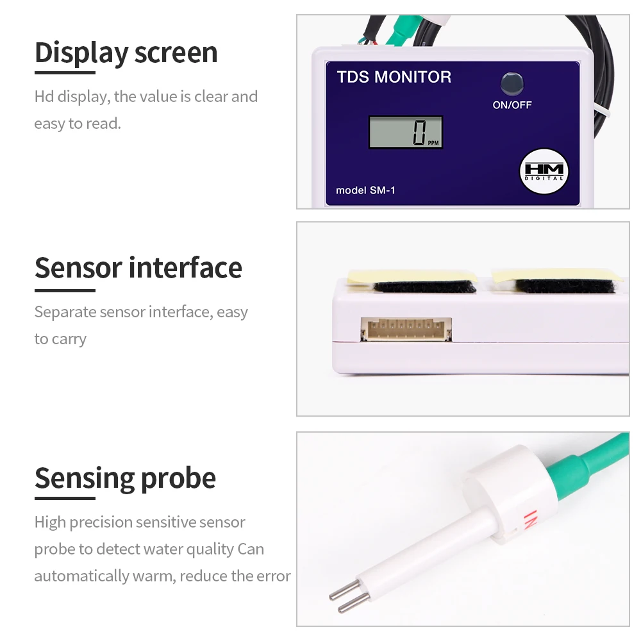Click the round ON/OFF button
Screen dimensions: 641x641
[x=512, y=83]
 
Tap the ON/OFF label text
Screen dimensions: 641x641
[x=512, y=105]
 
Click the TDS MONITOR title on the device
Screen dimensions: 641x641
[x=394, y=77]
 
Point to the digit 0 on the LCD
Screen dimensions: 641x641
[x=419, y=133]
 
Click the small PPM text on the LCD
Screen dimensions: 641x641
[x=433, y=143]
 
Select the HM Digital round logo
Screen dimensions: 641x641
[x=544, y=171]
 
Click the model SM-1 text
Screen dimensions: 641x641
[x=365, y=190]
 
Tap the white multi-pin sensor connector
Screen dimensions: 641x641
[x=406, y=329]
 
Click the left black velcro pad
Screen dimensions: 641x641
[x=425, y=287]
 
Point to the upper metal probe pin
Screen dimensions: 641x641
[x=345, y=590]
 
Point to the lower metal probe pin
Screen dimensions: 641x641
[x=354, y=603]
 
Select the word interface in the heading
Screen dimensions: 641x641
[x=186, y=268]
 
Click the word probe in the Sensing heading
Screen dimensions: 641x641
[x=178, y=479]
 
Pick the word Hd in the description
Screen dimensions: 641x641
[x=44, y=97]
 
